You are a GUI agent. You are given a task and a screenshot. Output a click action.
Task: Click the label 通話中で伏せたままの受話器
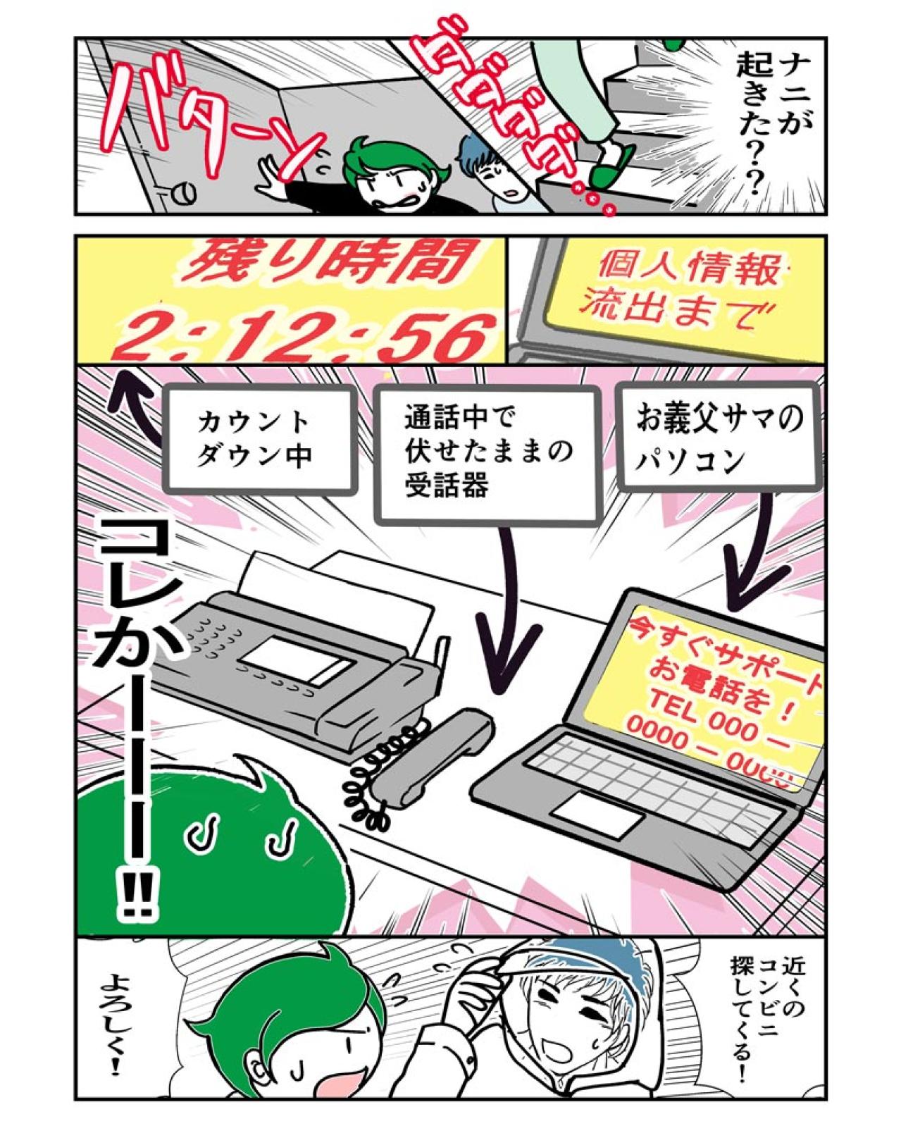(486, 453)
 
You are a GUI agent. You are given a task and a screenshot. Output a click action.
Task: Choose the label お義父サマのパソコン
(719, 438)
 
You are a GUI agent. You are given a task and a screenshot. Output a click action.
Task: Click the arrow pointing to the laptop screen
(744, 564)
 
